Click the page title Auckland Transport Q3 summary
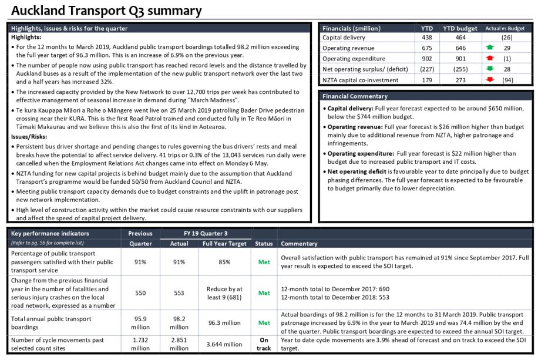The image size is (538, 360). point(106,11)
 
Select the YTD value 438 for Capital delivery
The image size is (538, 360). point(427,38)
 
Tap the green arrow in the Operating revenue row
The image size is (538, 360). point(490,48)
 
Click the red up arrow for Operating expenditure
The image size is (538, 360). point(490,58)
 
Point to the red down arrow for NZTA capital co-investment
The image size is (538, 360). point(490,80)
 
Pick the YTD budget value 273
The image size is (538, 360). point(460,80)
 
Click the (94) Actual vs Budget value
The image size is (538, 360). point(507,80)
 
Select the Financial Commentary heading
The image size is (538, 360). point(355,96)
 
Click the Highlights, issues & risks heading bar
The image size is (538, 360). point(159,28)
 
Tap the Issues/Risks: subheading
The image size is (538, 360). point(29,137)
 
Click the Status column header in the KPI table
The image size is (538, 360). point(264,244)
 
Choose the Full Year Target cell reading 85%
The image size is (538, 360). point(224,262)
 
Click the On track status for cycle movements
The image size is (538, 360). point(264,344)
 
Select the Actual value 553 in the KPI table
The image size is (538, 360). point(179,293)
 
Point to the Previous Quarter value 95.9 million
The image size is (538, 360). point(140,323)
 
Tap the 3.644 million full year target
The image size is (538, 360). point(224,344)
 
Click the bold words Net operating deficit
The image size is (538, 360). point(357,171)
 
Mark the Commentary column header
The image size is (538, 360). point(299,244)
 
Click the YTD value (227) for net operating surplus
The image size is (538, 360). point(427,69)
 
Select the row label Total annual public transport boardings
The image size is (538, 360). point(51,323)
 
